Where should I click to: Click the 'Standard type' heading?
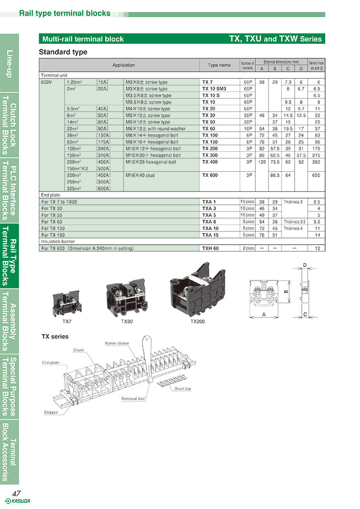63,52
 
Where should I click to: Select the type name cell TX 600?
209,175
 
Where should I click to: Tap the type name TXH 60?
210,249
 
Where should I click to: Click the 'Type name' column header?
219,65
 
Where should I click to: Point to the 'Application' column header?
124,65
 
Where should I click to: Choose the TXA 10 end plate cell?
209,228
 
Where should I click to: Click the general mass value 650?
316,175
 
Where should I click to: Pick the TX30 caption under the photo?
127,321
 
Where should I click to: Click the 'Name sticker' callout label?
117,343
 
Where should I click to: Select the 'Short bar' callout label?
183,389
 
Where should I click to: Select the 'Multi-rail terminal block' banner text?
83,39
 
